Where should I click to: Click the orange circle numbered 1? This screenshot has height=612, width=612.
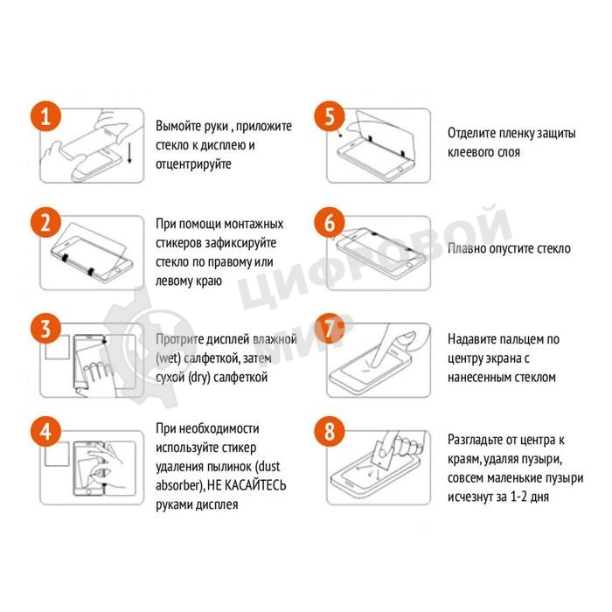tap(46, 116)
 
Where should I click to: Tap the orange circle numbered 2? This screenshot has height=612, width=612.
tap(46, 223)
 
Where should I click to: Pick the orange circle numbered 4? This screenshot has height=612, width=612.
tap(46, 432)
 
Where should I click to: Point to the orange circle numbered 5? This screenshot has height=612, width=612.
tap(330, 116)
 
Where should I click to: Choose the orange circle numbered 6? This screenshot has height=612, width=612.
tap(330, 223)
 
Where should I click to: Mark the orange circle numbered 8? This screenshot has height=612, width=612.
tap(330, 432)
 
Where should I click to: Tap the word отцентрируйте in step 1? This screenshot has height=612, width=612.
tap(193, 164)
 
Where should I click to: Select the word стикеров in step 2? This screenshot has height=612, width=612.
tap(177, 243)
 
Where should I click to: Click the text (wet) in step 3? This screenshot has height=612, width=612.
tap(168, 358)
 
